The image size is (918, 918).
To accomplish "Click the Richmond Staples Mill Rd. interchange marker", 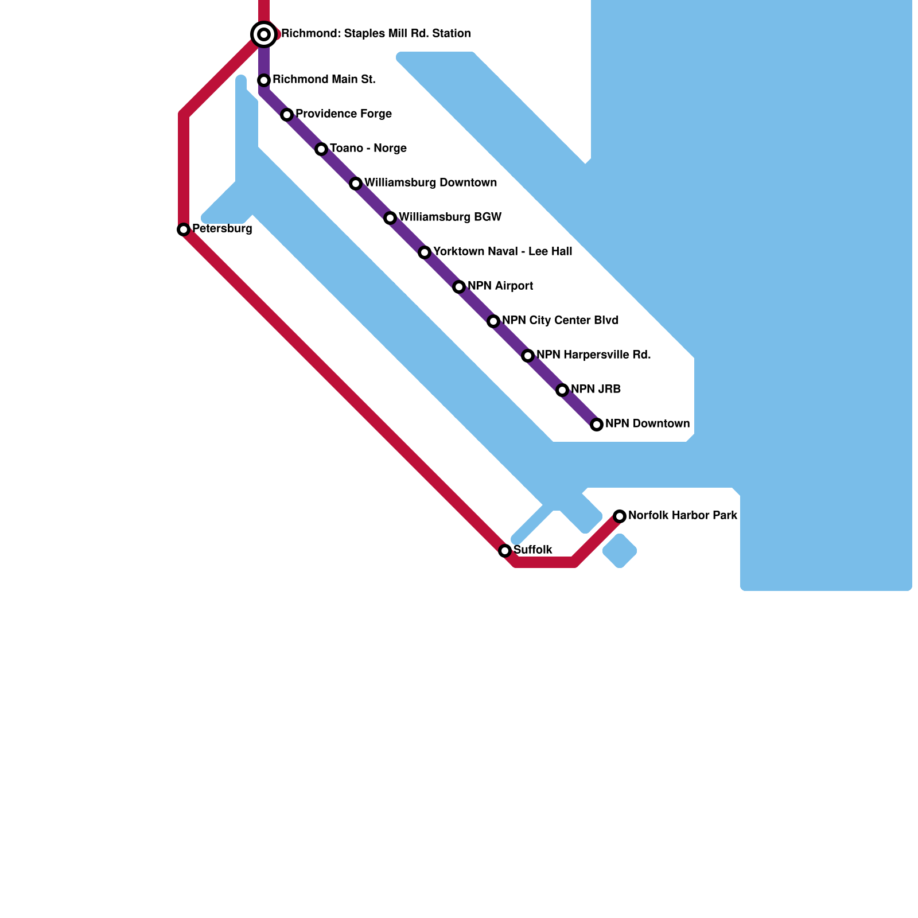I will (264, 34).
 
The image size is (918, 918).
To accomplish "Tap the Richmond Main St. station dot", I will (264, 80).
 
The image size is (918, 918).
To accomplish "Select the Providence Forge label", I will (343, 114).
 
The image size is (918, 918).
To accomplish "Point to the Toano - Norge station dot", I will (321, 149).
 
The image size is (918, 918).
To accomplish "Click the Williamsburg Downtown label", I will (430, 183).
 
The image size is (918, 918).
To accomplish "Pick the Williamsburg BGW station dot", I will (390, 218).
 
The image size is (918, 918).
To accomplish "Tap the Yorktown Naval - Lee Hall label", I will (503, 252).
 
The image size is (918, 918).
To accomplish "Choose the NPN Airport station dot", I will (459, 287).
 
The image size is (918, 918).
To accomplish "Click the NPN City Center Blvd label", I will (560, 321).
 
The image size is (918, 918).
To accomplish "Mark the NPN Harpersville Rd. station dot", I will (528, 356).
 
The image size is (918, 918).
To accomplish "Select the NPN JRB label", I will (596, 390).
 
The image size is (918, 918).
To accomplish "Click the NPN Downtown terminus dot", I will (597, 425).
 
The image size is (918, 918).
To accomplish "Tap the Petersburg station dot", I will (184, 229).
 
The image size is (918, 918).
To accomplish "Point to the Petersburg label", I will (222, 229).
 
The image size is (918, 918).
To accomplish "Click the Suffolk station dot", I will (505, 551).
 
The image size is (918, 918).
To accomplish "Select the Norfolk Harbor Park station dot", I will (620, 516).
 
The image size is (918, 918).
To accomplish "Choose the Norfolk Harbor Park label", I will (683, 516).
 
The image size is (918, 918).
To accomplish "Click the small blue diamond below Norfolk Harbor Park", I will (620, 551).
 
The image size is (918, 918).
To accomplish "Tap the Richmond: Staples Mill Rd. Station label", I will (376, 34).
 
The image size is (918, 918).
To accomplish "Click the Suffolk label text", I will (533, 550).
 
